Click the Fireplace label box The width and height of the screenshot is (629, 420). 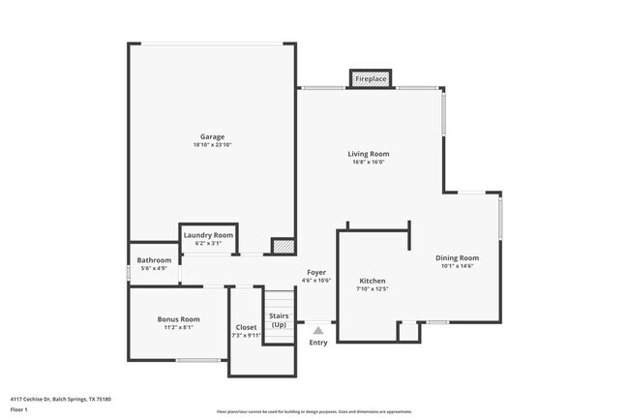[370, 77]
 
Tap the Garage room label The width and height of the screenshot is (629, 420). [212, 136]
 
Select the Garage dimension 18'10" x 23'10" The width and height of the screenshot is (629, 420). [212, 145]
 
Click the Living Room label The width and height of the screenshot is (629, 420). [369, 154]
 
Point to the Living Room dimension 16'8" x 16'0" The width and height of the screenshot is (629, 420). [369, 163]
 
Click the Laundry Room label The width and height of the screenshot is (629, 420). [208, 235]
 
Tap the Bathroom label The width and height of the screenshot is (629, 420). [154, 260]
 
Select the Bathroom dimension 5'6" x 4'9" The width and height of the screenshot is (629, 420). [154, 268]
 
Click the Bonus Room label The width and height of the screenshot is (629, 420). [178, 319]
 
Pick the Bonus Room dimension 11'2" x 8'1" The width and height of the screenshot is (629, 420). [178, 327]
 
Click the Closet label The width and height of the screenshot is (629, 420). [247, 327]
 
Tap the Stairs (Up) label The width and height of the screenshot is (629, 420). [279, 320]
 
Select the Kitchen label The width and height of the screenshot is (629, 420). [373, 280]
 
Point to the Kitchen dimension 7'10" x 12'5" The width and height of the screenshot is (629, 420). [373, 288]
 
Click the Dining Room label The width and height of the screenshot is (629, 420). [458, 257]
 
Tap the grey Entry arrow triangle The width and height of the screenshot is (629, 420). [318, 330]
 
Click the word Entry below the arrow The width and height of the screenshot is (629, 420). [318, 343]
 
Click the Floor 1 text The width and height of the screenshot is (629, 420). [19, 409]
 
